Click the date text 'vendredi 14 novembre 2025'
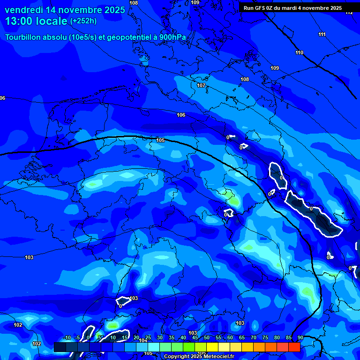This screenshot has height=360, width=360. click(x=65, y=10)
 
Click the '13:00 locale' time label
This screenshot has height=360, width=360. click(x=37, y=21)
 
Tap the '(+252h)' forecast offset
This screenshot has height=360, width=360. click(x=83, y=21)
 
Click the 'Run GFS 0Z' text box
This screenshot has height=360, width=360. click(x=292, y=7)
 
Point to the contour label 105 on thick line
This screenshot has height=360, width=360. click(x=160, y=140)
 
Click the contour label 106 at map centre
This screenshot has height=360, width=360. click(x=181, y=115)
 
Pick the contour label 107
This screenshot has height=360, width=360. click(x=201, y=85)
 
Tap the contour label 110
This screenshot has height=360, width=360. click(x=300, y=52)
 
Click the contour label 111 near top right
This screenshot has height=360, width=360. click(x=322, y=34)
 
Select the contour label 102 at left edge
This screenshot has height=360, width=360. click(x=18, y=325)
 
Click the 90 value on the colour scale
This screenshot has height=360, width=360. click(x=300, y=337)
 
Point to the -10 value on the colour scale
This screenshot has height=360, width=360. click(x=67, y=337)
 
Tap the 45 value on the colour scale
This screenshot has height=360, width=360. click(x=195, y=337)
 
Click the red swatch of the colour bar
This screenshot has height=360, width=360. click(x=294, y=347)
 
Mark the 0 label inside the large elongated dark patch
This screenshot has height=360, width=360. click(x=311, y=208)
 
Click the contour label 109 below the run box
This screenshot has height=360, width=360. click(x=275, y=68)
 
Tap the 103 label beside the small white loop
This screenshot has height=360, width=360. click(x=134, y=298)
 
